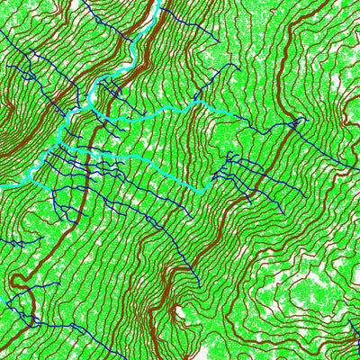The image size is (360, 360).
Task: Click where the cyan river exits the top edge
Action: tap(161, 2)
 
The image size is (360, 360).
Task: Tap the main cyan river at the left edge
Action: tap(2, 186)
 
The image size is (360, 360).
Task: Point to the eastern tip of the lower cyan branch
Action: tap(204, 192)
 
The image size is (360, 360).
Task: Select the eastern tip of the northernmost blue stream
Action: tap(219, 40)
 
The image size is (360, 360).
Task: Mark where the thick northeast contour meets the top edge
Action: tap(297, 2)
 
